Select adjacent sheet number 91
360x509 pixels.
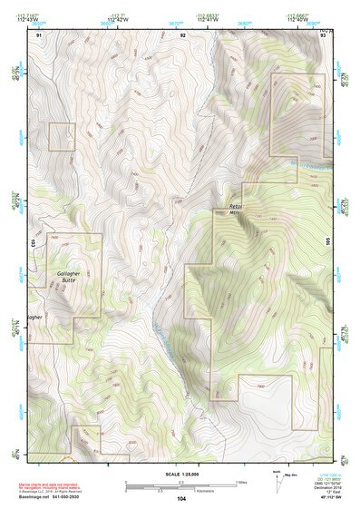point(39,34)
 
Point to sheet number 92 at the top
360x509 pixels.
point(182,34)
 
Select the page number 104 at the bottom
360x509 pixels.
point(181,499)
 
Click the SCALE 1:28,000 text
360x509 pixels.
point(181,473)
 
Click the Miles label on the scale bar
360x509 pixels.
point(240,481)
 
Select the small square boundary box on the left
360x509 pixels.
point(62,137)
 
